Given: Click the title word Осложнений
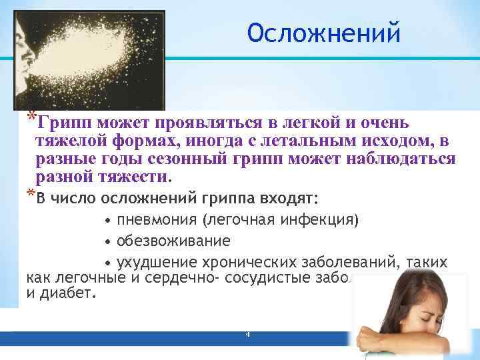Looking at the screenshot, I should pyautogui.click(x=324, y=32).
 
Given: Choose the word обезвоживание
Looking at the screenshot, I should pyautogui.click(x=173, y=240).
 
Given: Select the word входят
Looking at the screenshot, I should pyautogui.click(x=291, y=199).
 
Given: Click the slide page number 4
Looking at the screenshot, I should pyautogui.click(x=247, y=333).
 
